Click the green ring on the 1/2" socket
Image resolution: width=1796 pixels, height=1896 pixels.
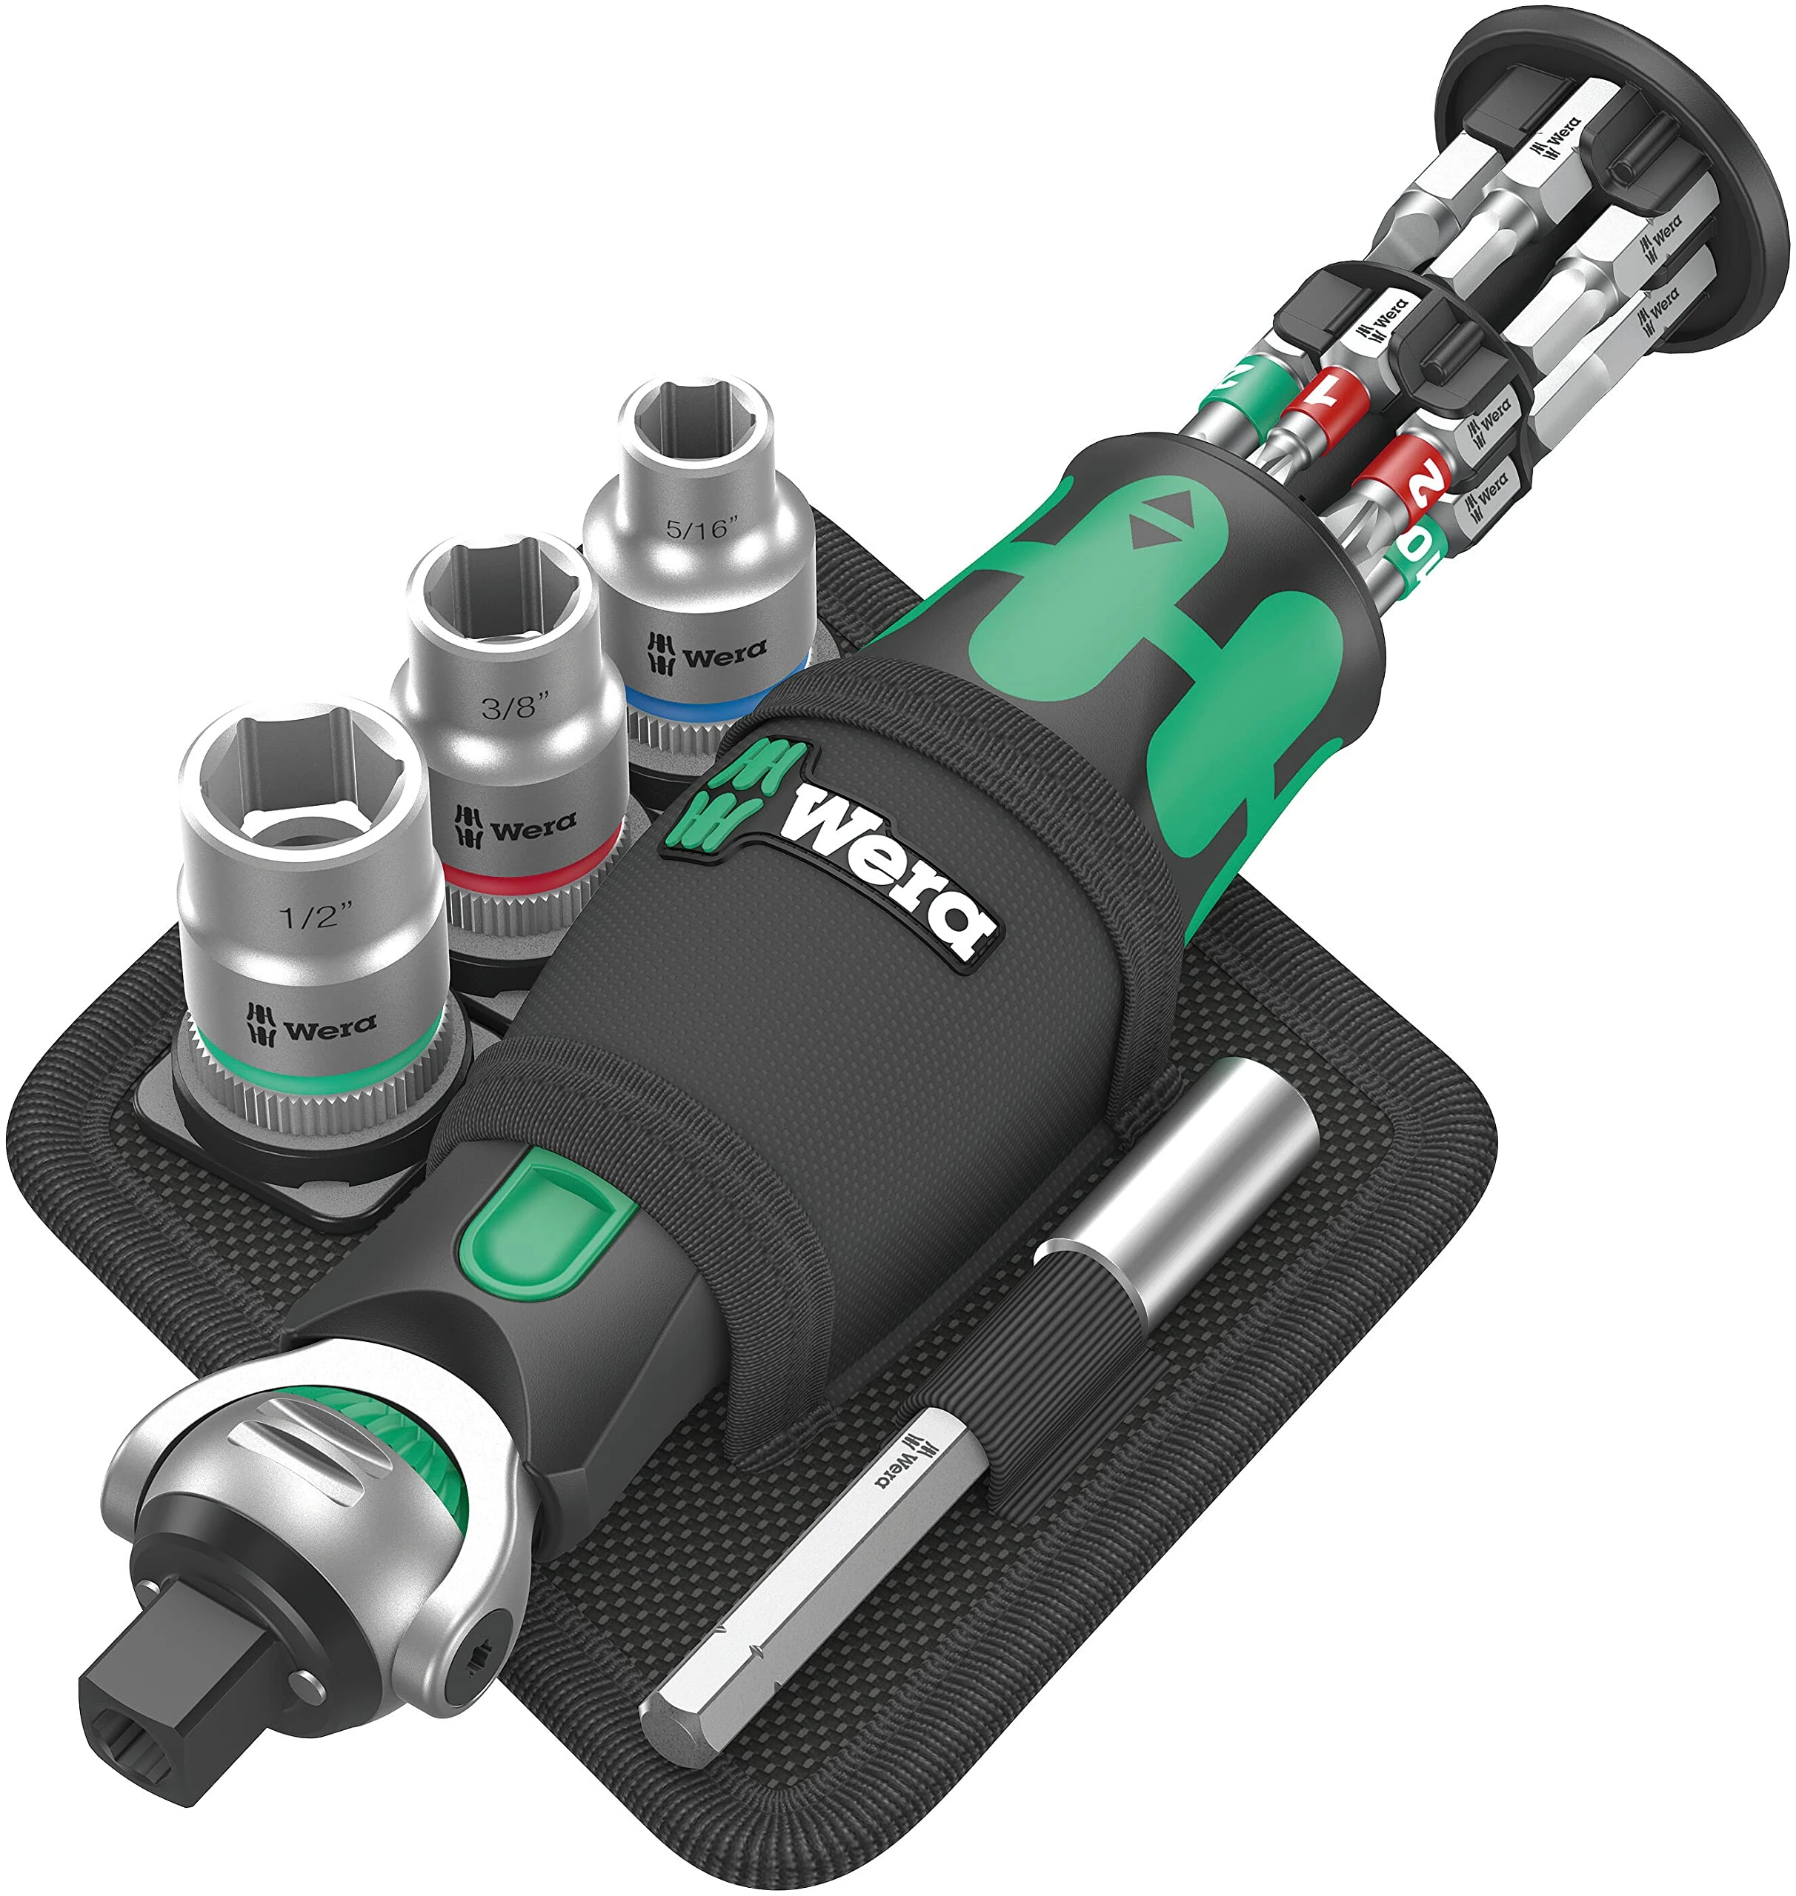pos(316,1072)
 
